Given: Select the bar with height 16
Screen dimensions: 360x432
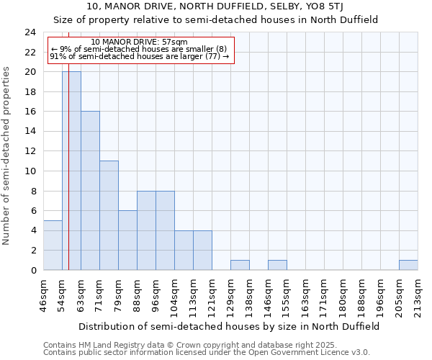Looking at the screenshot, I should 90,191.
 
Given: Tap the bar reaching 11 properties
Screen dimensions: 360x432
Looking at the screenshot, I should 109,215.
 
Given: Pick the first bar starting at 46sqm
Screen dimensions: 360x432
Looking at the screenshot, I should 53,246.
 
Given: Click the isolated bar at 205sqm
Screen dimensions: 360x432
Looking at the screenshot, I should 408,265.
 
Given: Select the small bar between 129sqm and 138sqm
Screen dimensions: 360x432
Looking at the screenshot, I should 240,265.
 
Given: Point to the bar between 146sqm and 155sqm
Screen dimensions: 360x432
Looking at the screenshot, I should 277,265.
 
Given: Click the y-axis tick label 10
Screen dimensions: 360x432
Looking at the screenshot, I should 30,171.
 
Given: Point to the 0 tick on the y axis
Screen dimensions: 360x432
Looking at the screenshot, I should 32,270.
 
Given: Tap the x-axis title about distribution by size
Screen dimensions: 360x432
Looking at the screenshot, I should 229,326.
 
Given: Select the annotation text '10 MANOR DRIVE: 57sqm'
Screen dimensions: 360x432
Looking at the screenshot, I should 140,42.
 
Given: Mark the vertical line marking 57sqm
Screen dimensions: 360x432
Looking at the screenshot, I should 68,144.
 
